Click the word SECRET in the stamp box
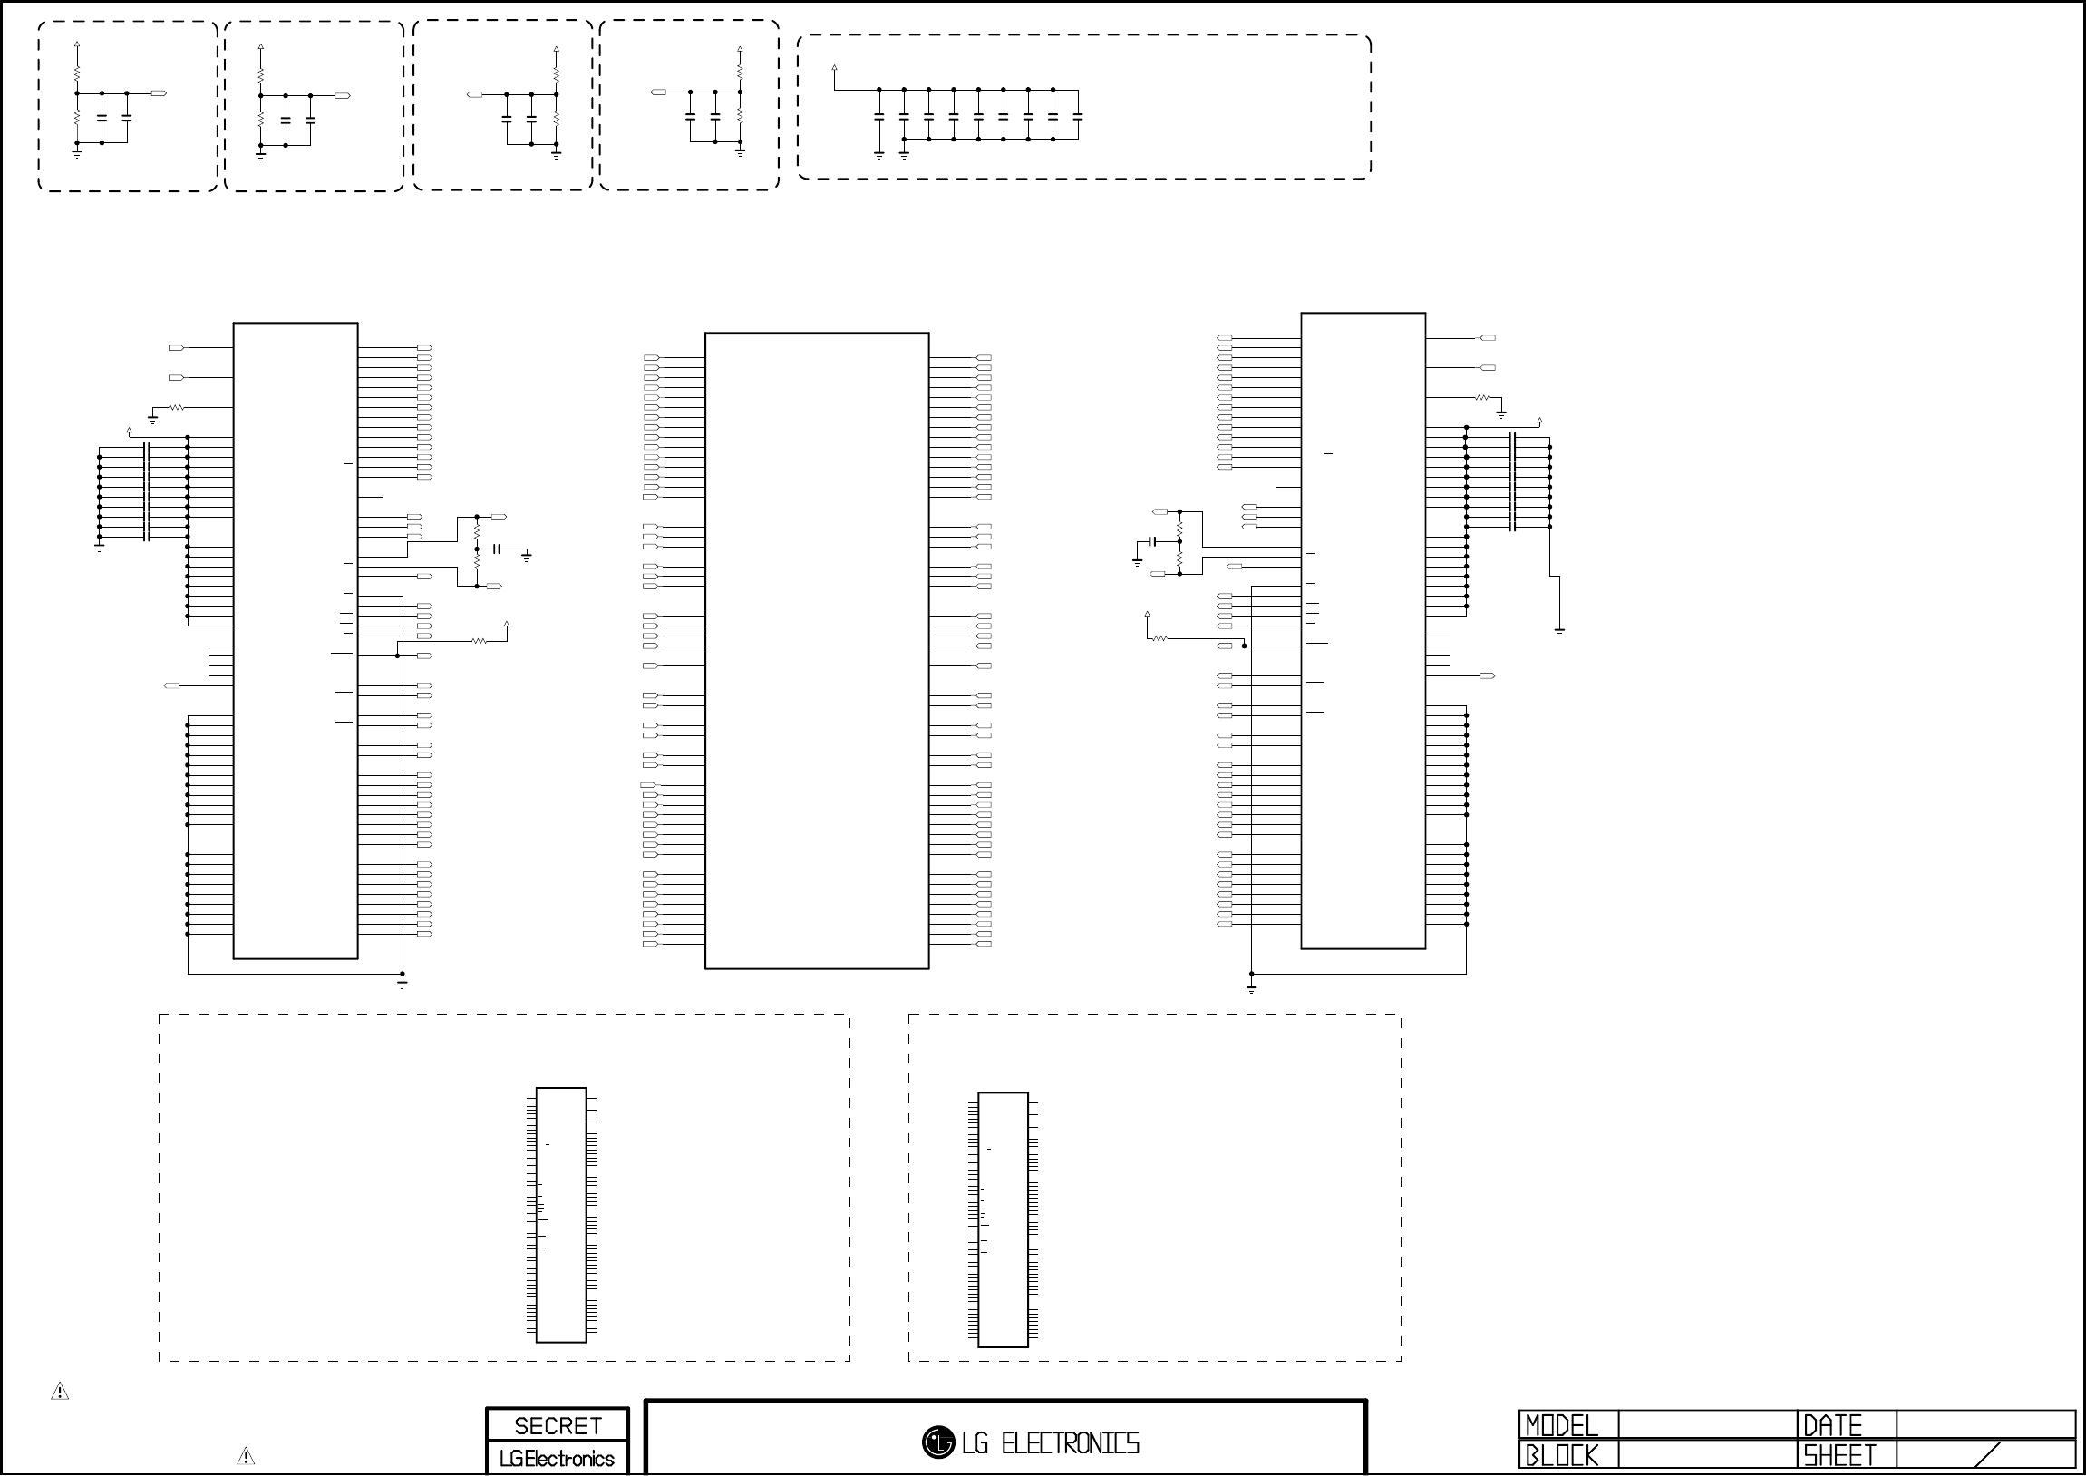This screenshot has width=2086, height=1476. point(558,1425)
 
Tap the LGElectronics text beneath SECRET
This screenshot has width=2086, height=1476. point(557,1458)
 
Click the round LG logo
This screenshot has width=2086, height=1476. point(937,1442)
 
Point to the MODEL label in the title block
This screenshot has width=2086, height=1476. point(1561,1424)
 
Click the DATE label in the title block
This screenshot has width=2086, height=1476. point(1832,1424)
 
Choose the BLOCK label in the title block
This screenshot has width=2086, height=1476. point(1561,1455)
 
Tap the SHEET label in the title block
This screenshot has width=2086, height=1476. point(1839,1455)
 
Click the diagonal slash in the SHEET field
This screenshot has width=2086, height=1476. point(1988,1454)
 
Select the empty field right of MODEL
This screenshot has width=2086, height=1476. point(1708,1424)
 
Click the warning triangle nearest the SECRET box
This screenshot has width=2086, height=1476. point(246,1456)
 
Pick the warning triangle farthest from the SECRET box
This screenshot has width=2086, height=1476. point(60,1391)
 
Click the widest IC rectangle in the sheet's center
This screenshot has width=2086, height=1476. point(817,651)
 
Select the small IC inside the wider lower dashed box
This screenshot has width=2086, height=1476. point(561,1214)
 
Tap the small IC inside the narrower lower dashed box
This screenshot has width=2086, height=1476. point(1003,1219)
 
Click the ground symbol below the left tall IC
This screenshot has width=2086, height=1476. point(403,984)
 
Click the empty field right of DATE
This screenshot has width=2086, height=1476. point(1985,1424)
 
